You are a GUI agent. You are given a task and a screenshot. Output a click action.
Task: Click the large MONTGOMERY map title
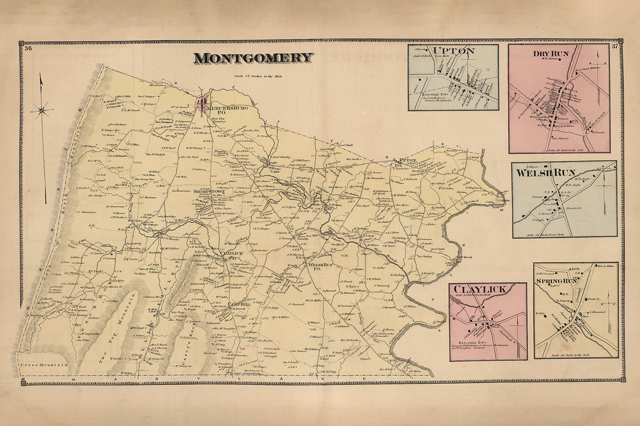coord(253,58)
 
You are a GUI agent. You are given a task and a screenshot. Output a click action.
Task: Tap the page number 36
coord(28,48)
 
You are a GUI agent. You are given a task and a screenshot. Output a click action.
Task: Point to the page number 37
coord(615,47)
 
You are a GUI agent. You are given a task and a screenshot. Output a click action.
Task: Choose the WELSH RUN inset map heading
coord(542,173)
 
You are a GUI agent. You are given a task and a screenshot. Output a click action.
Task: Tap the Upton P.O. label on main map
coord(407,161)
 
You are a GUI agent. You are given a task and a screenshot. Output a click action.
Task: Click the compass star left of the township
coord(42,110)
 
